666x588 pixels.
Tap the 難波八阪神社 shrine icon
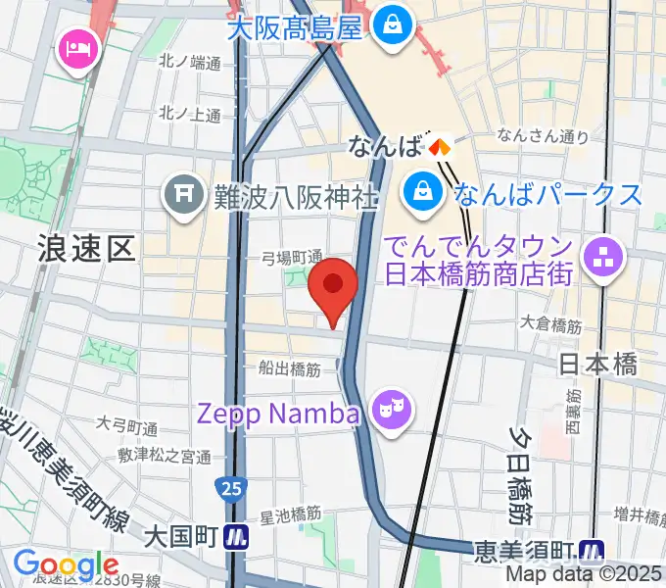[x=183, y=193]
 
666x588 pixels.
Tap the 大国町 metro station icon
[x=236, y=536]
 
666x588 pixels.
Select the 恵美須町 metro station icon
[x=591, y=551]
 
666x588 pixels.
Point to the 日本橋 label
[x=597, y=365]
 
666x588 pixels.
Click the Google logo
[x=66, y=565]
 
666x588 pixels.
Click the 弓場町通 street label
[x=292, y=258]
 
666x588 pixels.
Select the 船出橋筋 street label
[x=290, y=369]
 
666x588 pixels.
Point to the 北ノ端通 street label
[x=190, y=63]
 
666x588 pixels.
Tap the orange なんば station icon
[x=439, y=147]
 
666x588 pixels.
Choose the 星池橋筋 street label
[x=290, y=513]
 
